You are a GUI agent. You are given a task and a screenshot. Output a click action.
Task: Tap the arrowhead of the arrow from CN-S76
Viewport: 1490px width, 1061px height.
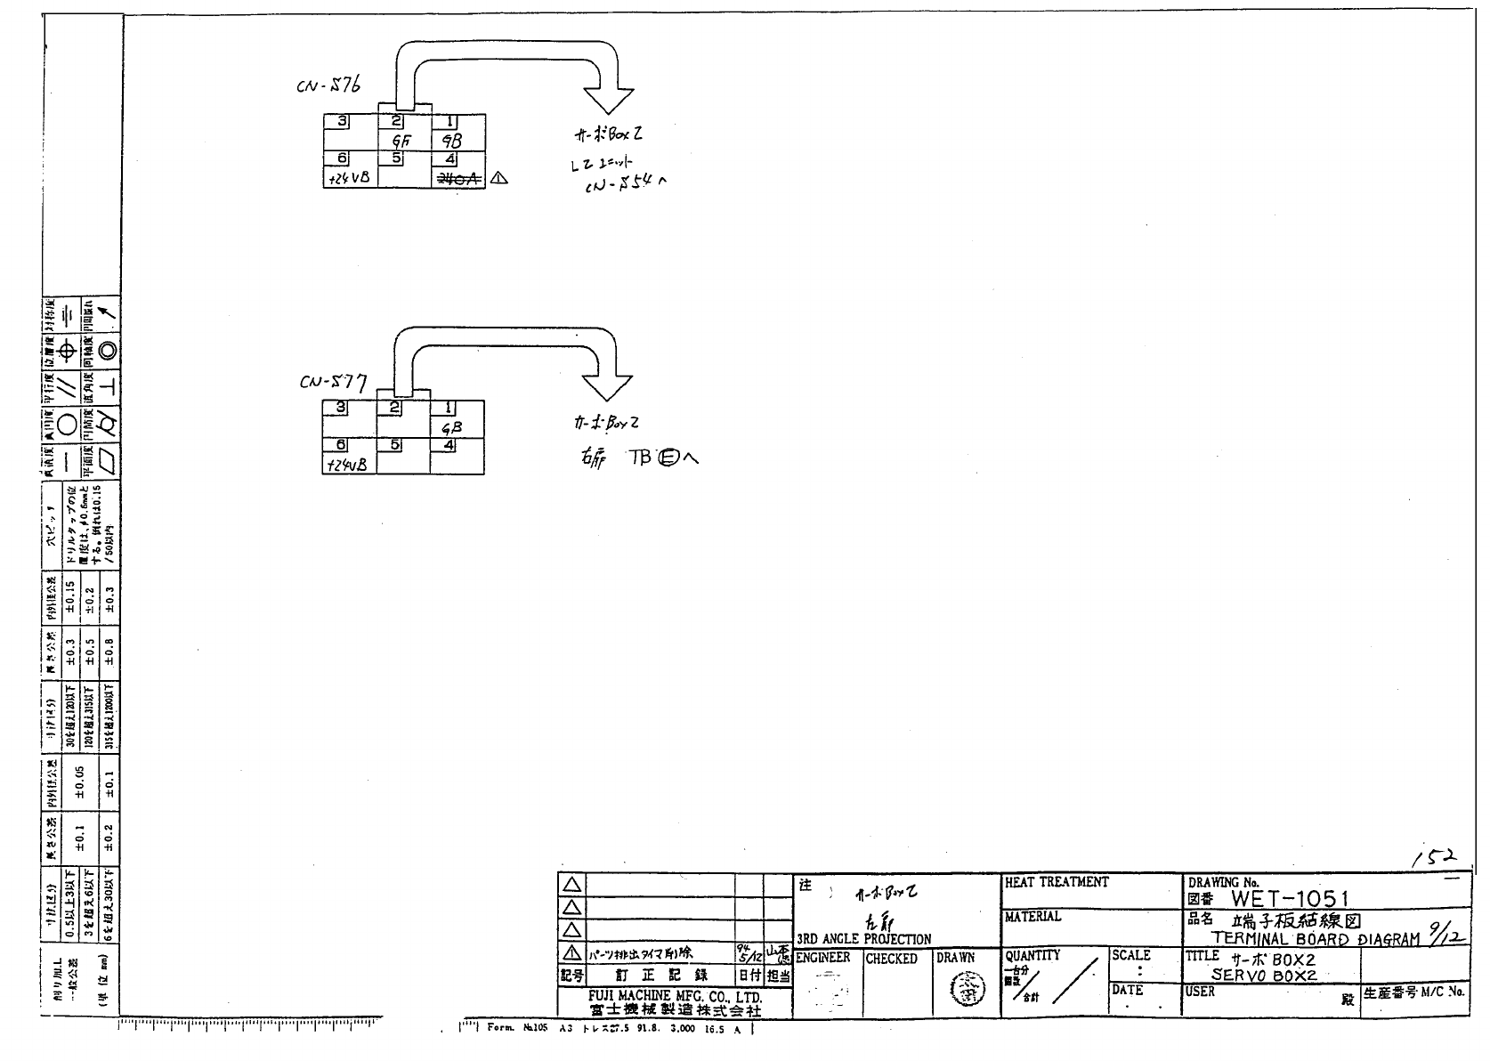coord(608,100)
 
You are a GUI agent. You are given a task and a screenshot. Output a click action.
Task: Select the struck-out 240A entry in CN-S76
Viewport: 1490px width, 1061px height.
coord(458,178)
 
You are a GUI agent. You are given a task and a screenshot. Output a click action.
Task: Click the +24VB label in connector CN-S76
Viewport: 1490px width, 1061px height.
coord(349,178)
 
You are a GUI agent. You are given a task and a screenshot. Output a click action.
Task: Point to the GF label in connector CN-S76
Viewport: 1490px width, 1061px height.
coord(401,141)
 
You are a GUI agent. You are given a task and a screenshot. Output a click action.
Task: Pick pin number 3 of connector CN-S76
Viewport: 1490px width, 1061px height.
coord(342,122)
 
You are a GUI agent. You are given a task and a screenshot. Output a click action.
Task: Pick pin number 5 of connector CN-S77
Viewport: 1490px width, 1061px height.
coord(397,445)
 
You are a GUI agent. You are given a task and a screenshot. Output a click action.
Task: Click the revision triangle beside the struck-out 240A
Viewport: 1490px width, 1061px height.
coord(498,178)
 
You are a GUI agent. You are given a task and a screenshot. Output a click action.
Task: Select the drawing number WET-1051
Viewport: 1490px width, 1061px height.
coord(1290,899)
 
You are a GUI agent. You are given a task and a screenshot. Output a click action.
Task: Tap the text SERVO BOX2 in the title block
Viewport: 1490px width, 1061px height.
coord(1263,976)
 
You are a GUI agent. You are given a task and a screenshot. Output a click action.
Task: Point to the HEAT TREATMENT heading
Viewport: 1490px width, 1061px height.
coord(1057,882)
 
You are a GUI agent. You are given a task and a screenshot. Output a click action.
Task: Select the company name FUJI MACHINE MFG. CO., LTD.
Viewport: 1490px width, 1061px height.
coord(674,996)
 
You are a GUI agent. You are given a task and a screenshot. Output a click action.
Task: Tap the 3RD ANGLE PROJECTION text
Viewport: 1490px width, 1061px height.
coord(863,939)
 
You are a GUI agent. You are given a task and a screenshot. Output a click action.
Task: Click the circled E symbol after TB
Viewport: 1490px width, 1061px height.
coord(668,458)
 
